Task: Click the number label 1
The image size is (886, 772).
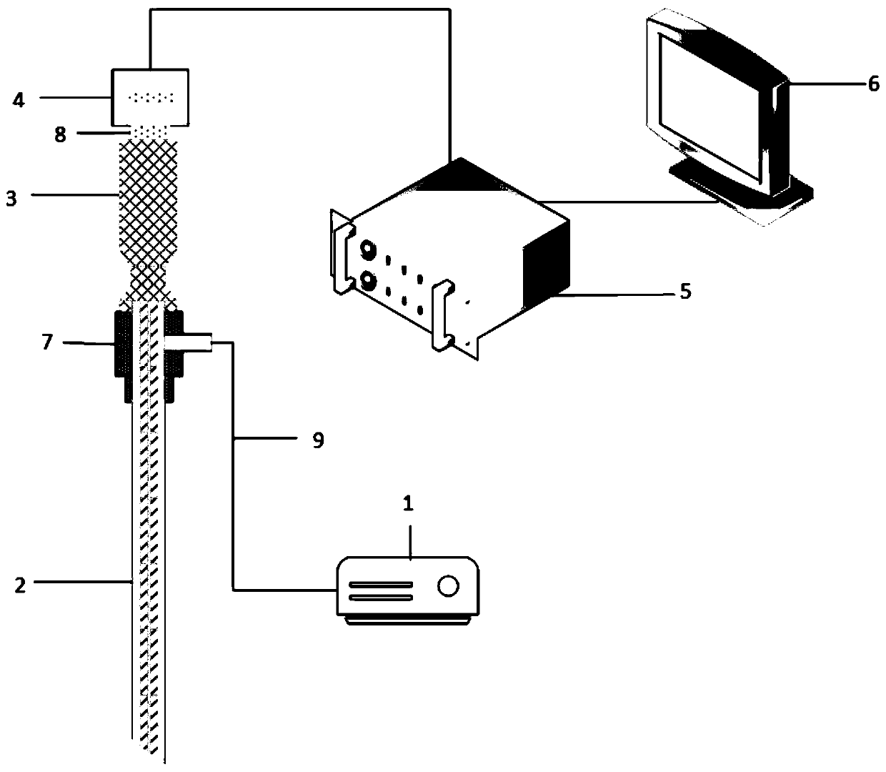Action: [x=408, y=504]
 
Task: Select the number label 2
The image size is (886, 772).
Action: [x=20, y=585]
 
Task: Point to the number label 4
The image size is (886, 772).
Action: [x=19, y=99]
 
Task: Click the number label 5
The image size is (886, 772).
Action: [x=685, y=292]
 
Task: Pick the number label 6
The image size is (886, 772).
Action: [x=873, y=84]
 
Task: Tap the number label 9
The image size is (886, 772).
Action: [x=318, y=440]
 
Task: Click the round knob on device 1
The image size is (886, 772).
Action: [x=448, y=586]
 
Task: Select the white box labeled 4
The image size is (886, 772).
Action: [x=151, y=96]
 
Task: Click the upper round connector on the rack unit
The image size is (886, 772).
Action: [x=369, y=250]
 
